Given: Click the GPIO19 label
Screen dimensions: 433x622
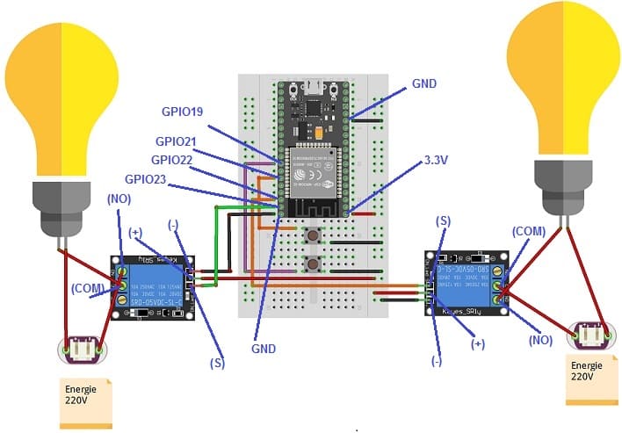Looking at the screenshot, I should [183, 112].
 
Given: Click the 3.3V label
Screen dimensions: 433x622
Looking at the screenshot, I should [438, 162].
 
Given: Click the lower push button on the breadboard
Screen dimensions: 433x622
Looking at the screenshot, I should [311, 264].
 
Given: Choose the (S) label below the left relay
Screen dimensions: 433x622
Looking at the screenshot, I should [216, 361].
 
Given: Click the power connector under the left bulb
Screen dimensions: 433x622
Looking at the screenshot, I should [82, 350].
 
